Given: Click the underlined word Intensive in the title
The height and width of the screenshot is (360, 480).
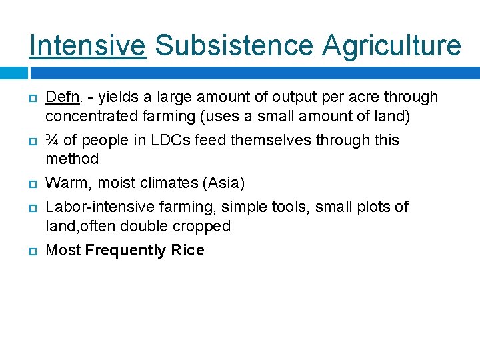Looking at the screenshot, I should (x=87, y=45).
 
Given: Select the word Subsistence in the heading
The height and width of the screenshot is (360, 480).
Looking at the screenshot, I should (x=233, y=45).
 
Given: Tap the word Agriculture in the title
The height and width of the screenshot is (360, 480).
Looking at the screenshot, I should (x=392, y=45).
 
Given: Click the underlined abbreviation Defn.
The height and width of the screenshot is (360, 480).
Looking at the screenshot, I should (x=64, y=97).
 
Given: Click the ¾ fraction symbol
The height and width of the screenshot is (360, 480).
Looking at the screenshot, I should (x=51, y=140).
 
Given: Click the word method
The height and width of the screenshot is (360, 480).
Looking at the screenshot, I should (x=72, y=159).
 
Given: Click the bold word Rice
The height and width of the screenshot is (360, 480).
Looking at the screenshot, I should (x=188, y=250).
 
